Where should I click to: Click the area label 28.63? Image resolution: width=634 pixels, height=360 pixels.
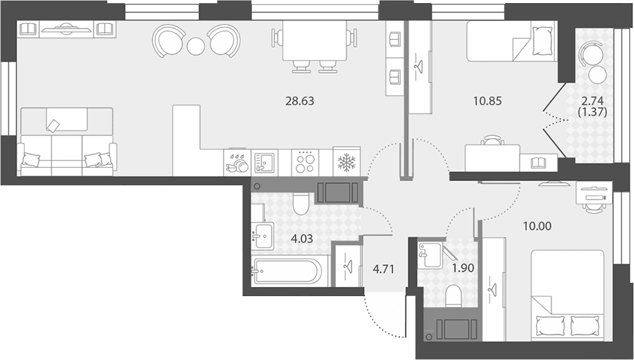pyautogui.click(x=300, y=101)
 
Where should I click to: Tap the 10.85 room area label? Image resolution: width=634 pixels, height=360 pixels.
pyautogui.click(x=488, y=101)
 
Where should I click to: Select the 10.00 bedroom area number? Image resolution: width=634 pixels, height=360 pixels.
pyautogui.click(x=537, y=226)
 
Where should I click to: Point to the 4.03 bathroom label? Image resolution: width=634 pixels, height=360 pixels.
pyautogui.click(x=302, y=239)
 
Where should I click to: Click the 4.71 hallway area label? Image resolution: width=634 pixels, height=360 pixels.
pyautogui.click(x=383, y=269)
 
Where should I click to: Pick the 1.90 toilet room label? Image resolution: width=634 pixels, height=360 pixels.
pyautogui.click(x=463, y=268)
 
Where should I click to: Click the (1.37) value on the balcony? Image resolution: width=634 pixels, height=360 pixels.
pyautogui.click(x=593, y=112)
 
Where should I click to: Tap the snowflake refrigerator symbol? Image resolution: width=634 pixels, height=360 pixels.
pyautogui.click(x=347, y=162)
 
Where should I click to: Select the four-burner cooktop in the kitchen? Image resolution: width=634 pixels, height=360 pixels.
pyautogui.click(x=305, y=162)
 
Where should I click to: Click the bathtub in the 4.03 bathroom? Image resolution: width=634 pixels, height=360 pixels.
pyautogui.click(x=286, y=271)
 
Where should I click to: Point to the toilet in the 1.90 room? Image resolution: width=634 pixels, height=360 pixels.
pyautogui.click(x=453, y=296)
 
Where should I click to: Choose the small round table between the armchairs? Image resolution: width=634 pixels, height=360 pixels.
pyautogui.click(x=196, y=46)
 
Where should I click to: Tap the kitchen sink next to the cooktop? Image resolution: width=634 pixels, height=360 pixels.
pyautogui.click(x=264, y=162)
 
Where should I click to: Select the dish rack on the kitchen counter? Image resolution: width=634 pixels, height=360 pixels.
pyautogui.click(x=237, y=162)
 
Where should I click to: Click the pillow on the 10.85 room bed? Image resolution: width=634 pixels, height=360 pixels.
pyautogui.click(x=542, y=40)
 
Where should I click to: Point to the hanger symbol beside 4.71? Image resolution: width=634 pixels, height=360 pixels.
pyautogui.click(x=347, y=266)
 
